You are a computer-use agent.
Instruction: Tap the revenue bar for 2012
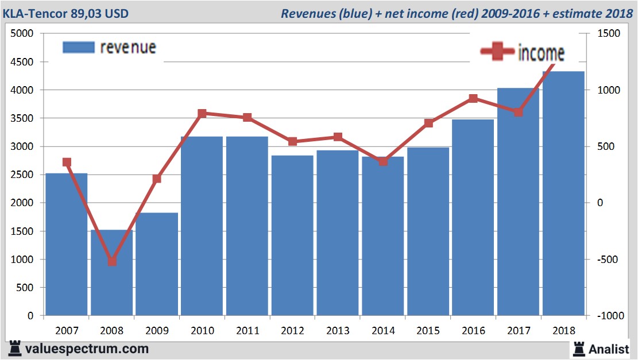coord(292,235)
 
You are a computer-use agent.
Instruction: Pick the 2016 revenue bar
coord(473,218)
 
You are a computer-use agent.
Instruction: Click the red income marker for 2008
coord(112,261)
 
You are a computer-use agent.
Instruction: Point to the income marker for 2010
coord(202,114)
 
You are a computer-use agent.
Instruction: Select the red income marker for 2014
coord(383,161)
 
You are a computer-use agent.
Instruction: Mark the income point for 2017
coord(519,112)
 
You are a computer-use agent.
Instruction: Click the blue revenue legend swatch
coord(78,47)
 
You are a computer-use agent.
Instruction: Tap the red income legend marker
coord(497,52)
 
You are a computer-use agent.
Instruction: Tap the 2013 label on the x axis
coord(338,331)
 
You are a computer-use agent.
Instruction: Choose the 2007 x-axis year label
coord(67,331)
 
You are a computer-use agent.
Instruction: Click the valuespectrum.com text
coord(86,349)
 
